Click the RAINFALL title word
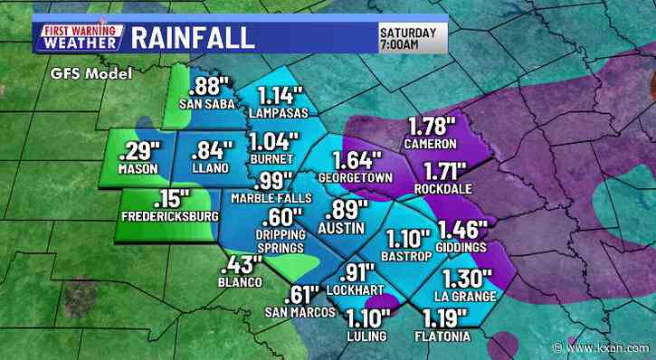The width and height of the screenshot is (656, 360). tap(192, 38)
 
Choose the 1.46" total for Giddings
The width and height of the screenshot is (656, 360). tap(462, 229)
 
